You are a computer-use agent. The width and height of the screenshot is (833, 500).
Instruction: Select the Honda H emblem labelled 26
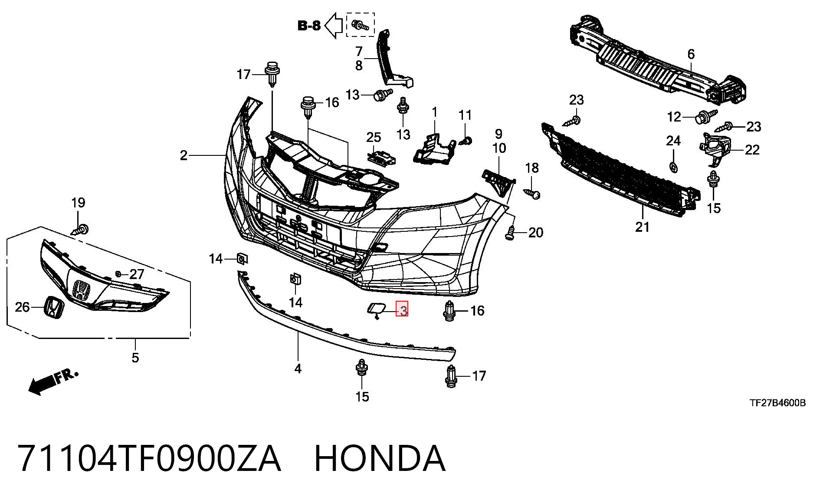tap(54, 307)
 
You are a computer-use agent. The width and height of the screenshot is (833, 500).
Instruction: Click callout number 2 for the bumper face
tap(184, 155)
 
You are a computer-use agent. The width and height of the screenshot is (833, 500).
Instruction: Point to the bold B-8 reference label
tap(309, 26)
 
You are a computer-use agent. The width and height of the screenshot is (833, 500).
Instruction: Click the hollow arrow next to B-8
tap(334, 26)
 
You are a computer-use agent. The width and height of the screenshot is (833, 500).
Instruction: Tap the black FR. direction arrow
tap(53, 382)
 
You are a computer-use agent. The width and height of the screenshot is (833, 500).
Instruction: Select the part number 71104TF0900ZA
tap(149, 459)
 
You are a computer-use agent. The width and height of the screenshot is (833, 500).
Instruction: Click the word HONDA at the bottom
tap(380, 459)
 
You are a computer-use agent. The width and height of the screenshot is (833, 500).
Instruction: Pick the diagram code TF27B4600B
tap(778, 403)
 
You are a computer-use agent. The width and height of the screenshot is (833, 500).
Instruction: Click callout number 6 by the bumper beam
tap(691, 54)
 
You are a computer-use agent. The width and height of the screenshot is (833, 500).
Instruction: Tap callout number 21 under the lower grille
tap(643, 227)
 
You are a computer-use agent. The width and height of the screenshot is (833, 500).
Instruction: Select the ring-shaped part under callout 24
tap(673, 167)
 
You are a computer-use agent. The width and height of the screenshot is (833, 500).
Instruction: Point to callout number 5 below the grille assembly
tap(135, 358)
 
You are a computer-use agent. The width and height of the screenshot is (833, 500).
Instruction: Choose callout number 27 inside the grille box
tap(137, 274)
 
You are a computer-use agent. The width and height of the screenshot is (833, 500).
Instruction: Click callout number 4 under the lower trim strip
tap(298, 369)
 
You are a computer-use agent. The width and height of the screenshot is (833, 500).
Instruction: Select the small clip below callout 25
tap(381, 158)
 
